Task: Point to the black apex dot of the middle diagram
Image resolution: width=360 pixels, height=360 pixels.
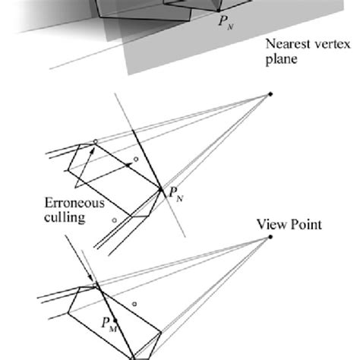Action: pyautogui.click(x=270, y=95)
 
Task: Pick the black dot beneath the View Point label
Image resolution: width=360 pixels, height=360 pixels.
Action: pyautogui.click(x=270, y=238)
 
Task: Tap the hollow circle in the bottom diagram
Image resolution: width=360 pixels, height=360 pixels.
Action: pyautogui.click(x=134, y=305)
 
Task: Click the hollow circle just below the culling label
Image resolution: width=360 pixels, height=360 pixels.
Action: pyautogui.click(x=114, y=219)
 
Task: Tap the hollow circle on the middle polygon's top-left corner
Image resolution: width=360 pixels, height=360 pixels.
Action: pyautogui.click(x=94, y=141)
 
